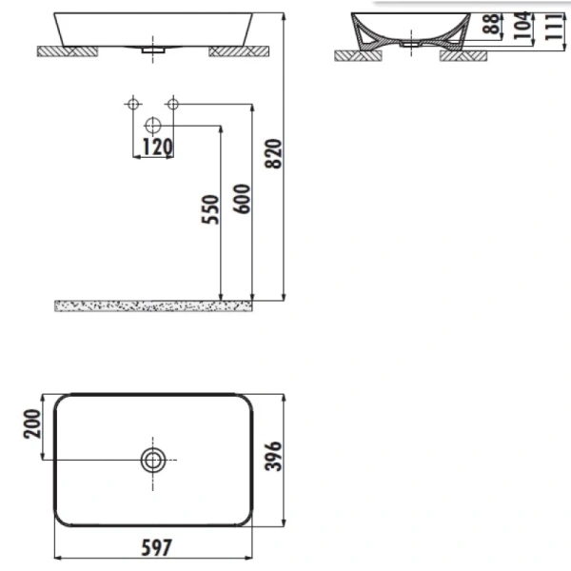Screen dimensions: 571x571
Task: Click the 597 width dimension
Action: point(154,548)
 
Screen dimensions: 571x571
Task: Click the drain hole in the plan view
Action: point(152,462)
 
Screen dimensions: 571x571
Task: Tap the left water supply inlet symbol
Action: point(133,103)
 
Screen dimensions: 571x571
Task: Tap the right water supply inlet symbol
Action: point(172,103)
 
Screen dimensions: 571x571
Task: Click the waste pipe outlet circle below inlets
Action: point(153,126)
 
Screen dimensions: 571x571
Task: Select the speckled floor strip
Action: point(154,305)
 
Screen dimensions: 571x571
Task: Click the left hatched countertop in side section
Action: point(357,54)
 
